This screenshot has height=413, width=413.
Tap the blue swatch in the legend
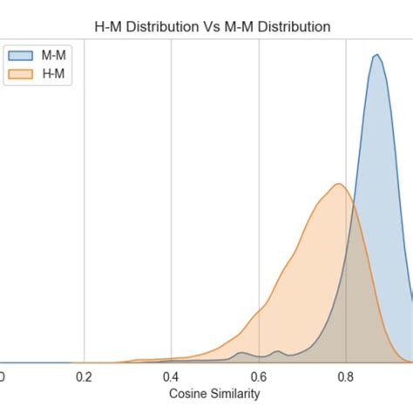coord(19,54)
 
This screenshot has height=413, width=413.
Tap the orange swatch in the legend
coord(19,74)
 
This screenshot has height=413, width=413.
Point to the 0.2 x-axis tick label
coord(84,376)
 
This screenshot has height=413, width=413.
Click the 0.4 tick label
coord(171,376)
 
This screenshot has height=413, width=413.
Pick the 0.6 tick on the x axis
coord(259,376)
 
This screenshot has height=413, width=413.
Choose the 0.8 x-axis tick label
coord(346,376)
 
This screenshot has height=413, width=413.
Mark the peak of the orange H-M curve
coord(338,185)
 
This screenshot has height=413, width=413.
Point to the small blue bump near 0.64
coord(278,351)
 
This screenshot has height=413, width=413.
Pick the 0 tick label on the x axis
coord(2,376)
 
